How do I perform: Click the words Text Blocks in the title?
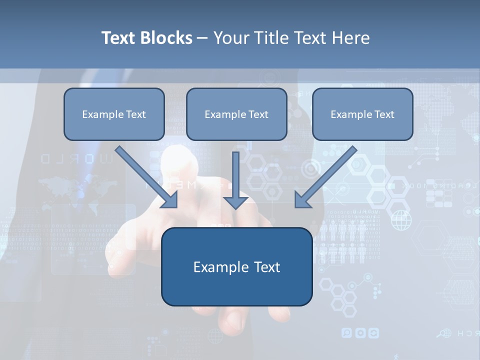146,38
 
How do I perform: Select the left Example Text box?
114,114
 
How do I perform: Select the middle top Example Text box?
236,114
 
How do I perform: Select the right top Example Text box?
362,114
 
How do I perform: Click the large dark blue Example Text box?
236,266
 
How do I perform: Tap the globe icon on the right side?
401,220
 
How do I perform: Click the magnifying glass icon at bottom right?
442,333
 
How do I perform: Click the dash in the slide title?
202,38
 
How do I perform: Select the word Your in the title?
231,38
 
